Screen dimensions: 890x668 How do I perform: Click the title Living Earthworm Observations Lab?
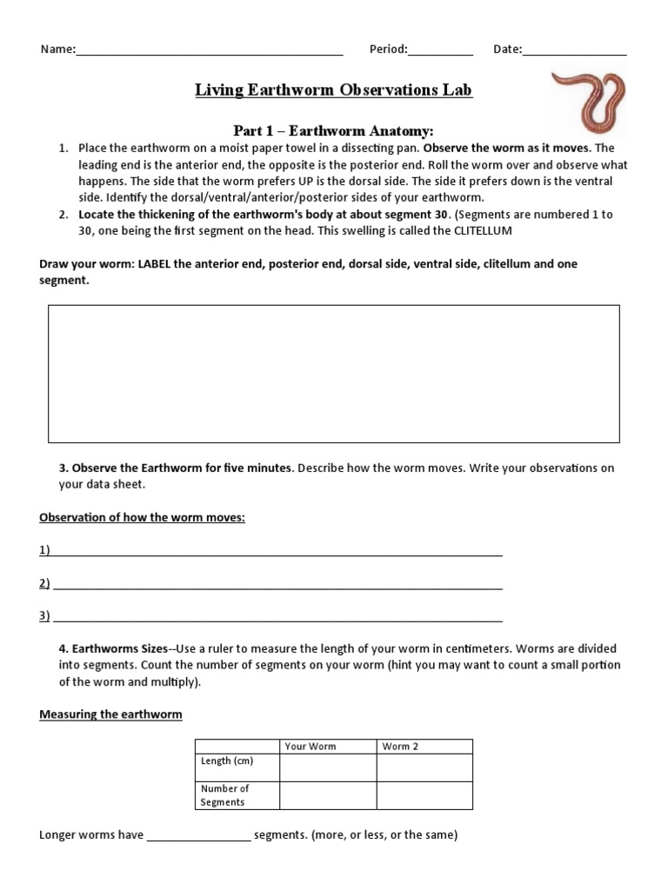click(334, 90)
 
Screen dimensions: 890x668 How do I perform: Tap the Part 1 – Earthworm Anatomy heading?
click(333, 130)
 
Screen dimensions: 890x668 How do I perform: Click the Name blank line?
click(209, 50)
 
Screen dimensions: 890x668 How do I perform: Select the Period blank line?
click(440, 50)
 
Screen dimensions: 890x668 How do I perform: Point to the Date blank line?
click(574, 50)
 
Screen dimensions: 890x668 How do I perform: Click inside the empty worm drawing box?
click(334, 374)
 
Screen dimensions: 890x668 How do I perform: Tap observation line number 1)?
click(277, 551)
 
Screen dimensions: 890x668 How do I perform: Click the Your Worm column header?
click(311, 746)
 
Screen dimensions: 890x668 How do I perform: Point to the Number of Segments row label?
click(225, 795)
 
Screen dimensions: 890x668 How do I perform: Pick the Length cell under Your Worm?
click(328, 767)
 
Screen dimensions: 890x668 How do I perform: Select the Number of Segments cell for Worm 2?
click(424, 795)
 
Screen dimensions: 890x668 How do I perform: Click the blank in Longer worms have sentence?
click(199, 835)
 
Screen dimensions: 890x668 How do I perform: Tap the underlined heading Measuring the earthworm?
click(110, 714)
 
